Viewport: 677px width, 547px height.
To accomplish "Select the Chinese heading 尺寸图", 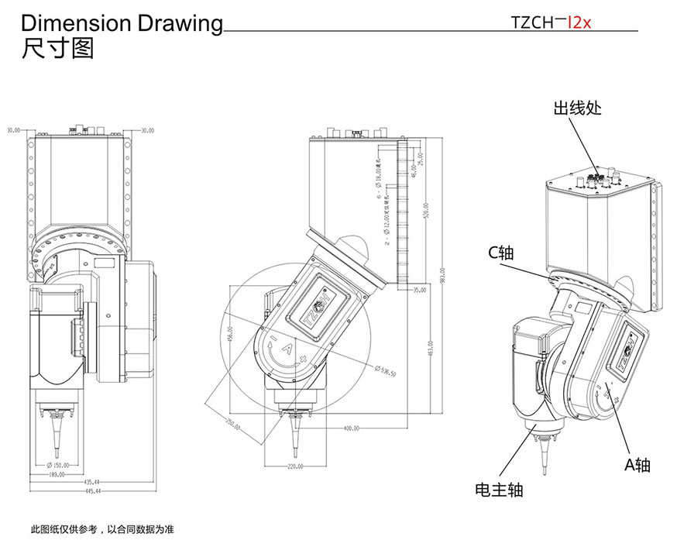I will pyautogui.click(x=59, y=50).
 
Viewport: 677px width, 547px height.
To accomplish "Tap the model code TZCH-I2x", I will pyautogui.click(x=552, y=22).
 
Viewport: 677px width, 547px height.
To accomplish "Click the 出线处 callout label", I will pyautogui.click(x=577, y=108).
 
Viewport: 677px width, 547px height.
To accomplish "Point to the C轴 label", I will pyautogui.click(x=501, y=253).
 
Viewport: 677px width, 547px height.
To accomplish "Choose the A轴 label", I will pyautogui.click(x=637, y=465).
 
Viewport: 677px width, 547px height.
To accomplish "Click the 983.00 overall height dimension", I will pyautogui.click(x=443, y=275).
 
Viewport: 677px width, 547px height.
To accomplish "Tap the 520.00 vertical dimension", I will pyautogui.click(x=425, y=212).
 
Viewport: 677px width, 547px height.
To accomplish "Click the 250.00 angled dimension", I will pyautogui.click(x=232, y=423).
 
